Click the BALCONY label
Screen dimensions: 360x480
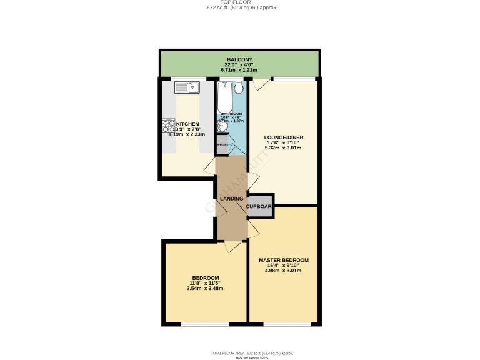[240, 59]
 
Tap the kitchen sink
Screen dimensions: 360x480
[186, 87]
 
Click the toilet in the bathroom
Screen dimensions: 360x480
[238, 88]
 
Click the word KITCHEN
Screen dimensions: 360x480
[187, 124]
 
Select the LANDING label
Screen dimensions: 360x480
[231, 199]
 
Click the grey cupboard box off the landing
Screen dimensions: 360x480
[259, 206]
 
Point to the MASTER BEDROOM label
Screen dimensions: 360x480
[283, 260]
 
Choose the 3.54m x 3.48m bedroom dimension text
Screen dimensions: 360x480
[205, 288]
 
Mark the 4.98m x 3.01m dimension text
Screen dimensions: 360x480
[283, 271]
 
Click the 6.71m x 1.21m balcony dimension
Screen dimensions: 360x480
[240, 70]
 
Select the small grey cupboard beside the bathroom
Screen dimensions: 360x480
[222, 144]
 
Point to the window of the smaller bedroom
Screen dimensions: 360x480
[205, 324]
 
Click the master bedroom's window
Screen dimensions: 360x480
[287, 324]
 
